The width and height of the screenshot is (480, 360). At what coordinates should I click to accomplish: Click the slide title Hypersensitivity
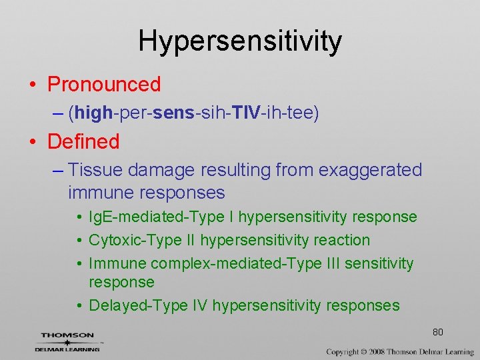tap(239, 41)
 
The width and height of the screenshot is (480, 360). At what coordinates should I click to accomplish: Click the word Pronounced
tap(104, 85)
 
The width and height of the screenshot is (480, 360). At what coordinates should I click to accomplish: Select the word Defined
tap(83, 141)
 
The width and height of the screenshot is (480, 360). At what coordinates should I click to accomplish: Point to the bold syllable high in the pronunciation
tap(94, 113)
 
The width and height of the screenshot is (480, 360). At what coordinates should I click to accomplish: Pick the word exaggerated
tap(370, 170)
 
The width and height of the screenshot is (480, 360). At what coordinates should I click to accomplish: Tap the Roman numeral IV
tap(198, 305)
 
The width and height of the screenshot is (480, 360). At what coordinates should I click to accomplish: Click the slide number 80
tap(437, 332)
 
